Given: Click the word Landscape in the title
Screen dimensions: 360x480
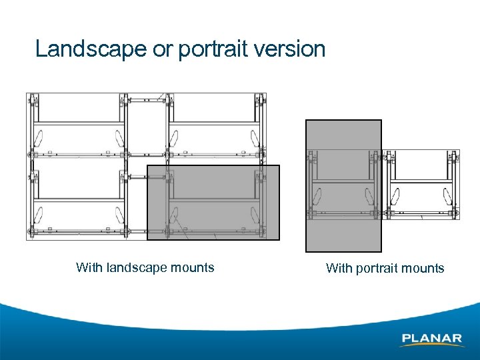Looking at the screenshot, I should pos(89,49).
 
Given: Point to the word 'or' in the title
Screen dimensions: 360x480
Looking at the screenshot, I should pos(161,50).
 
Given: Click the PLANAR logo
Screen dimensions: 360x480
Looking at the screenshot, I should pos(432,339).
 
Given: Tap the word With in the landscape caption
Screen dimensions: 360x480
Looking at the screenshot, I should pos(89,268).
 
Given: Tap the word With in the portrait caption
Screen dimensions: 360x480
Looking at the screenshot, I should pos(339,269).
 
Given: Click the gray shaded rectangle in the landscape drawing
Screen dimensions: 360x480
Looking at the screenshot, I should pos(213,202).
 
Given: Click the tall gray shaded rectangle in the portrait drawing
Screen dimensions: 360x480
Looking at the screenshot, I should pos(343,185).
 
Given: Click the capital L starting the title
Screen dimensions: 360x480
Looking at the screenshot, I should pos(41,49).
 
